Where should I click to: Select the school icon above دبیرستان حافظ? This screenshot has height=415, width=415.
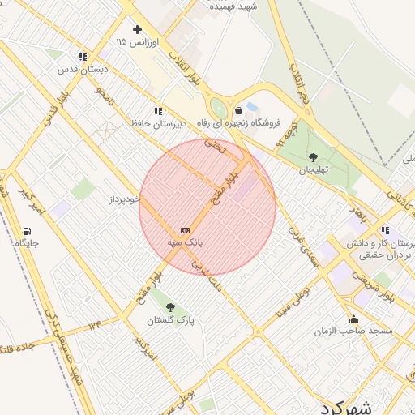(x=157, y=111)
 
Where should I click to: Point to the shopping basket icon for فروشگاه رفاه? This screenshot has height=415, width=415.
(x=238, y=110)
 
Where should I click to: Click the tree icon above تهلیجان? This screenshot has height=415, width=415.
(x=314, y=157)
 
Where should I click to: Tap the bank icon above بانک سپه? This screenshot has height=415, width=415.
(x=185, y=229)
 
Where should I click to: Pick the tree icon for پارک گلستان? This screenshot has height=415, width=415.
(x=170, y=307)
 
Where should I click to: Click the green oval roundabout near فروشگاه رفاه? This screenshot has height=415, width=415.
(x=218, y=108)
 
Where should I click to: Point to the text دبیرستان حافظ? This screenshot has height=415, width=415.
(x=159, y=124)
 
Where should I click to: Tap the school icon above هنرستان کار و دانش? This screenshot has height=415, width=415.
(x=384, y=229)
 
